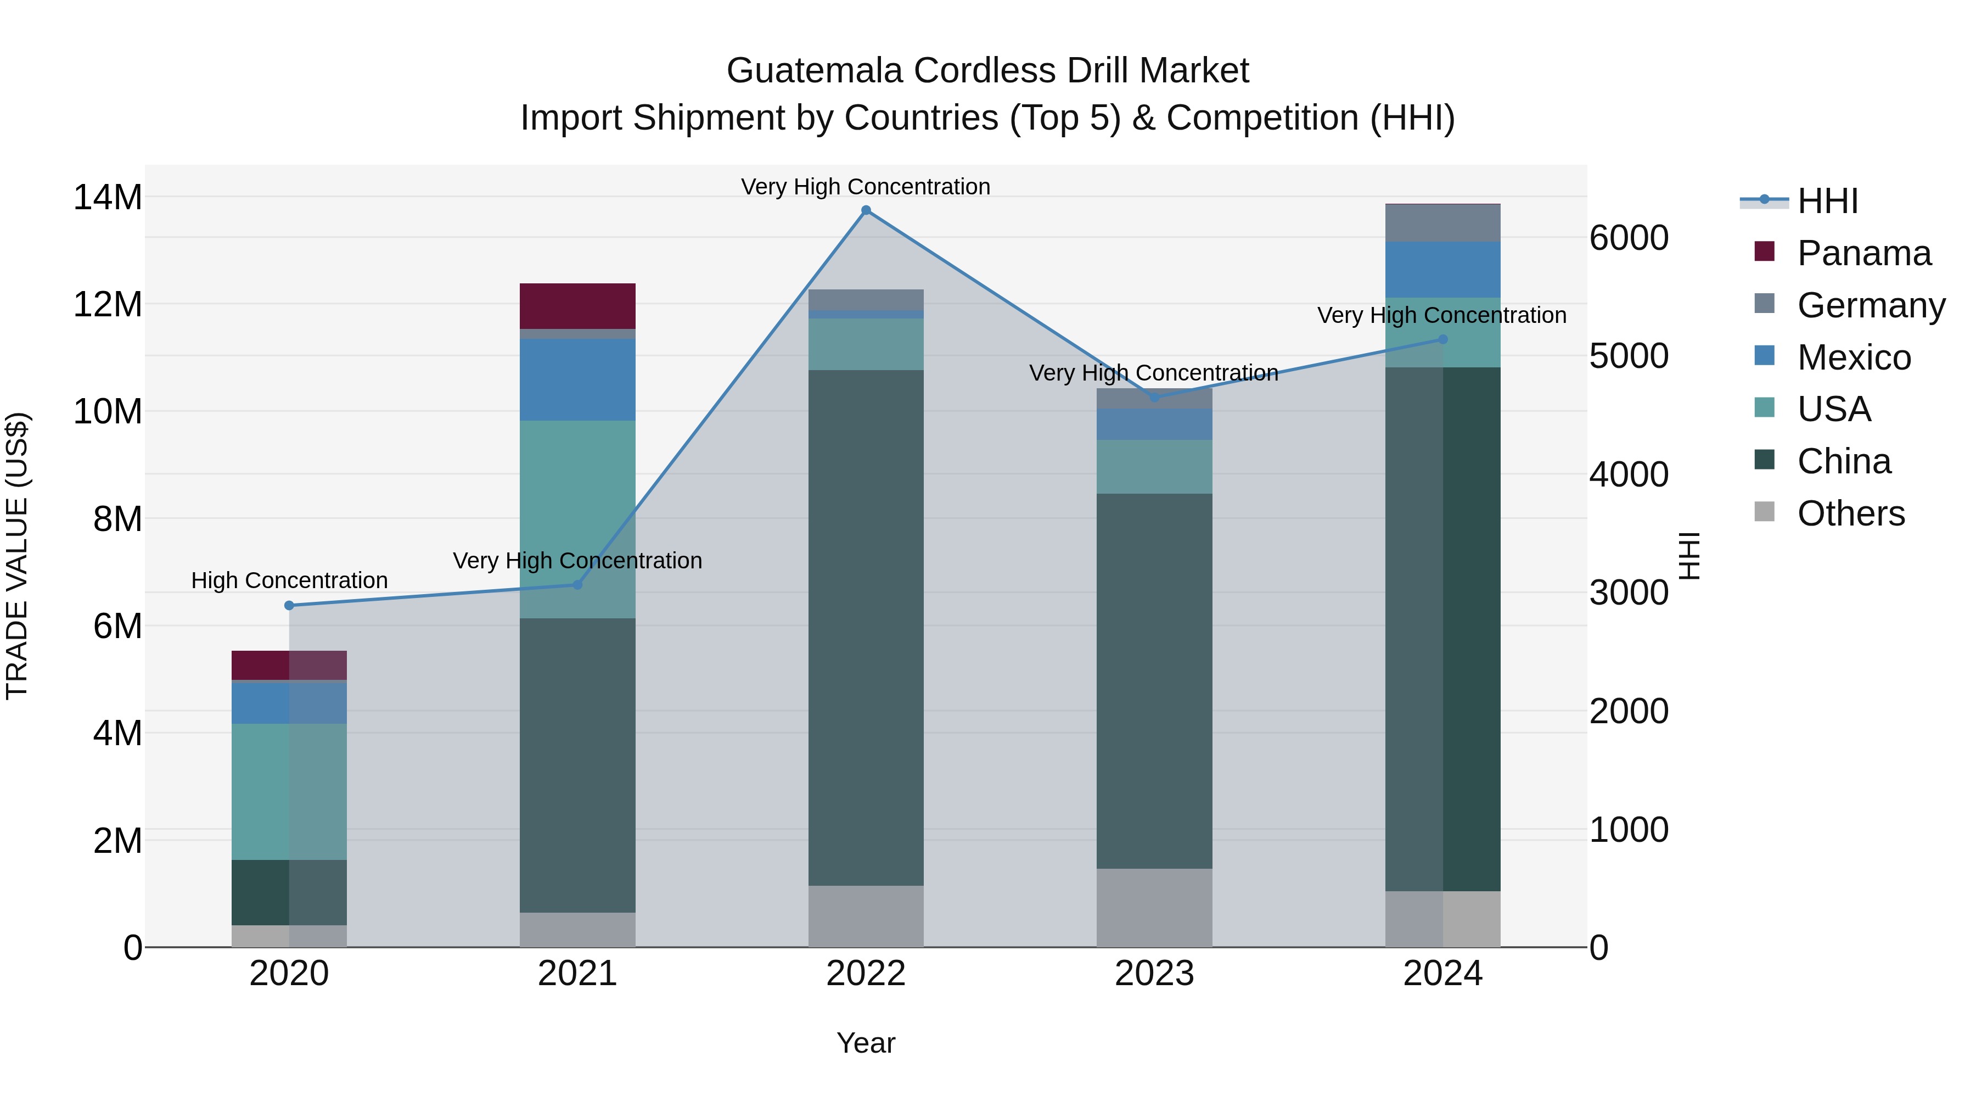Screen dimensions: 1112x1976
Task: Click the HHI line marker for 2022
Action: (x=866, y=210)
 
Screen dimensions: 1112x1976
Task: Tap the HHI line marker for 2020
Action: (x=289, y=606)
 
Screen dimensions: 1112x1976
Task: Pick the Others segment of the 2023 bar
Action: (x=1154, y=907)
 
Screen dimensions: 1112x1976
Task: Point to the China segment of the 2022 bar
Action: (x=866, y=628)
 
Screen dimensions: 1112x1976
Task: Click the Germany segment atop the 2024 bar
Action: (x=1443, y=223)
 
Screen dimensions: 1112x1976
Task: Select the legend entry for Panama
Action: (x=1863, y=253)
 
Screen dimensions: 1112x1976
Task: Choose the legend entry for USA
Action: (x=1833, y=409)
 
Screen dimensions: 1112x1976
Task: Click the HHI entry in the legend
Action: (x=1827, y=201)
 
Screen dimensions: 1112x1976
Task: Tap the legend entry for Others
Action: (x=1850, y=513)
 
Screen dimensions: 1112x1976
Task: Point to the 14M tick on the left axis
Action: (x=108, y=197)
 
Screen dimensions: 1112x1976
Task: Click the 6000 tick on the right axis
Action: (x=1629, y=238)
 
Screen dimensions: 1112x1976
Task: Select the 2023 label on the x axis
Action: (x=1154, y=974)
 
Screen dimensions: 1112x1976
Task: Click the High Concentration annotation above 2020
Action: (x=289, y=580)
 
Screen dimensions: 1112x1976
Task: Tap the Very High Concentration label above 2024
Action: (x=1441, y=315)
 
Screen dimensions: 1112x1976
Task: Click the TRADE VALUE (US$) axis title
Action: (x=17, y=556)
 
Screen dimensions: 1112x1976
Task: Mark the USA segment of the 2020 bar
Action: (x=289, y=791)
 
